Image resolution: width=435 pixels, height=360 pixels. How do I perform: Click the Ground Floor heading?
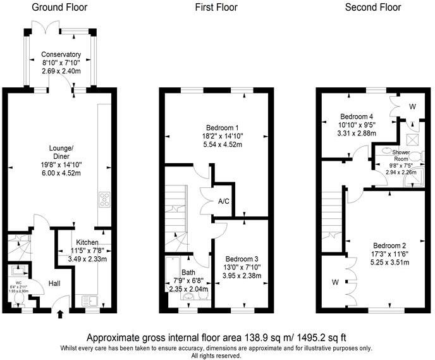click(x=59, y=8)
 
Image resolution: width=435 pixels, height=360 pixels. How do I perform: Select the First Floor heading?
click(x=217, y=8)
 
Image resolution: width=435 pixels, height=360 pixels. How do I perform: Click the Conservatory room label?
click(x=61, y=54)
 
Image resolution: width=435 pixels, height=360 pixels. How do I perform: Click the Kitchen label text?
click(x=87, y=242)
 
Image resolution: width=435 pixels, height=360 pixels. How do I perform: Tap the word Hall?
click(x=54, y=284)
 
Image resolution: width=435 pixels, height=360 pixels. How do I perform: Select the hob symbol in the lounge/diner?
click(x=104, y=199)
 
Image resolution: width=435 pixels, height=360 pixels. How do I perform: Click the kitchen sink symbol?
click(x=88, y=299)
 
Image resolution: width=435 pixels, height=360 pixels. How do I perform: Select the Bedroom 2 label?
click(x=389, y=245)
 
